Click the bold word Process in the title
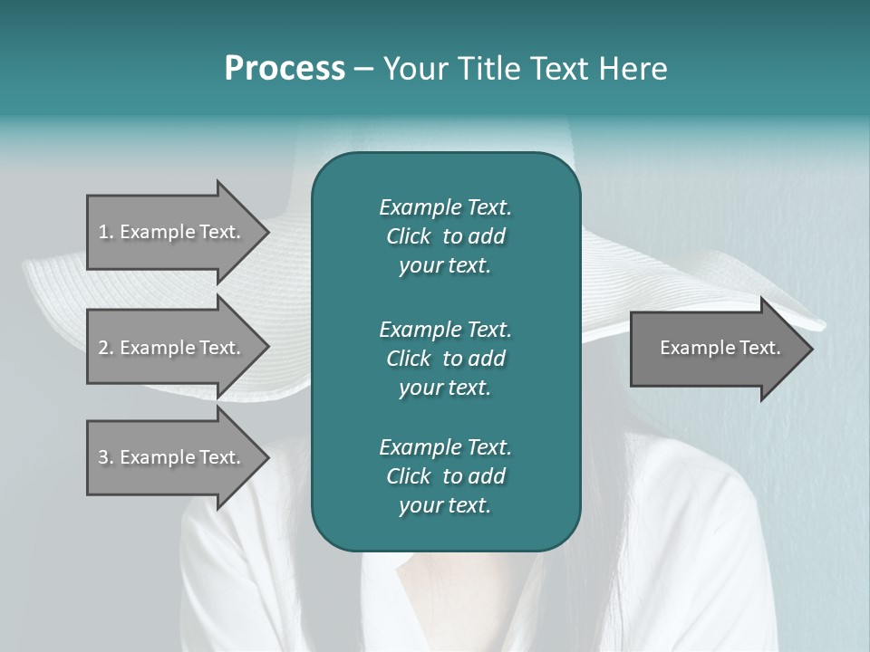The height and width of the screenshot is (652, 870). point(285,69)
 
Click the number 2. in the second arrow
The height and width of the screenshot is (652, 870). point(105,348)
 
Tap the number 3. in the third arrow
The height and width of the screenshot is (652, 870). point(105,457)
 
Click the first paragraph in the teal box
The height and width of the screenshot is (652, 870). point(445,236)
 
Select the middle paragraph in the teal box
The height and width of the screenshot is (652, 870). point(445,358)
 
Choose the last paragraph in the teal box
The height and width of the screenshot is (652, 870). point(445,476)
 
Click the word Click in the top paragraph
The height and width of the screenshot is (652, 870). point(409,236)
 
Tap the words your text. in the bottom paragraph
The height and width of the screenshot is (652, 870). point(445,505)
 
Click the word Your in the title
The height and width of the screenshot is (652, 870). point(412,69)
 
